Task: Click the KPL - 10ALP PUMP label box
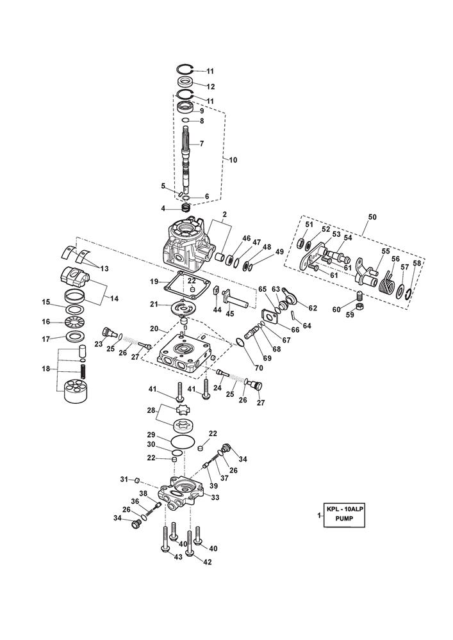345,515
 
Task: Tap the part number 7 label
201,144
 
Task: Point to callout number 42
206,562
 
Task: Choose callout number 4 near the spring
163,209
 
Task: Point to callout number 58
416,263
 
